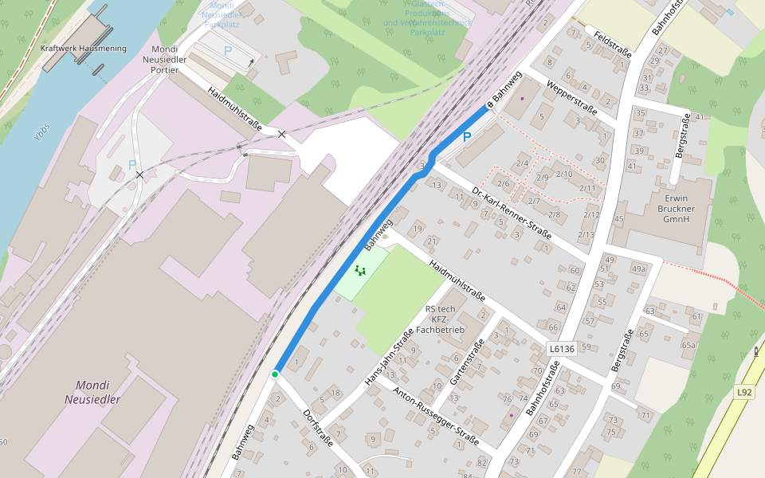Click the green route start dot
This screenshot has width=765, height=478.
pos(275,374)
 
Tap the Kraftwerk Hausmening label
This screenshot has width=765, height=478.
pos(83,49)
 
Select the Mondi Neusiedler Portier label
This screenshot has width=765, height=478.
pos(164,59)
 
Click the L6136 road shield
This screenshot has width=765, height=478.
pos(562,349)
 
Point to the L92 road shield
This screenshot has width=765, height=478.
pos(744,392)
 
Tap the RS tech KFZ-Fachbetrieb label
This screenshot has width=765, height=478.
pos(441,319)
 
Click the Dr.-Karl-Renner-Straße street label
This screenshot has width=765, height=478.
pos(512,213)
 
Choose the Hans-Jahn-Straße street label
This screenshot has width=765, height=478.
pos(388,358)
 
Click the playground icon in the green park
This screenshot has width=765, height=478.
pos(360,271)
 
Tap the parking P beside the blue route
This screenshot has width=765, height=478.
pos(467,138)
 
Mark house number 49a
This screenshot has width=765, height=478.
pos(638,269)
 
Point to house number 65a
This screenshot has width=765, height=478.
pos(688,345)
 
